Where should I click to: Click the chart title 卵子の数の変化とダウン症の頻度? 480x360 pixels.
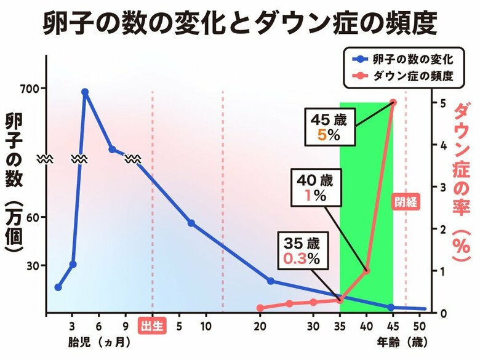tap(240, 25)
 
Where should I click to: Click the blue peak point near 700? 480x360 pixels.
tap(85, 92)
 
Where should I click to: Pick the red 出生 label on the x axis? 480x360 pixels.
tap(152, 326)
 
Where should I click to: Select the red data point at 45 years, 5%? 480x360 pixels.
tap(393, 103)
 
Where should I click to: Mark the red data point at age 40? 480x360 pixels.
tap(366, 271)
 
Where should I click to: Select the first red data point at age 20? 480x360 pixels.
tap(260, 308)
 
